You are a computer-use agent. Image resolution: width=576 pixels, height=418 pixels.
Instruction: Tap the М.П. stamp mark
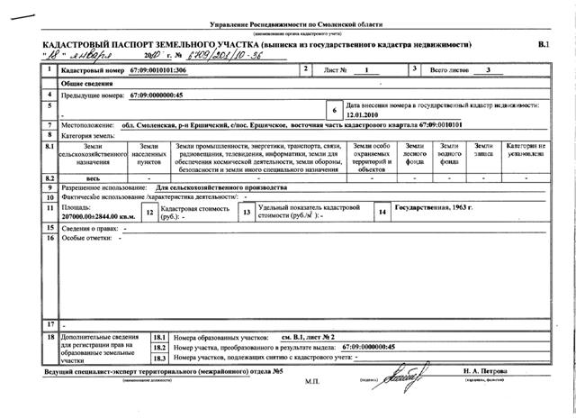tap(312, 382)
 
